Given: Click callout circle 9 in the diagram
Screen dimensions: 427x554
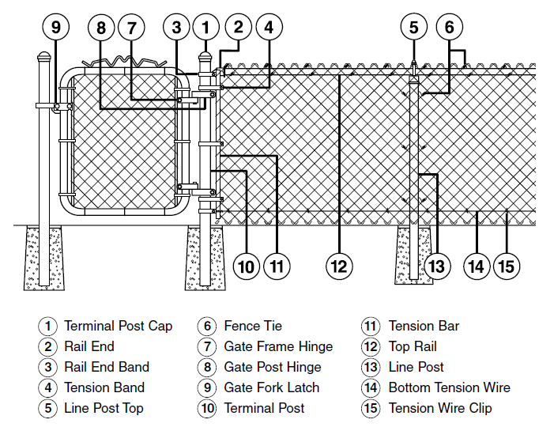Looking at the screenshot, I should [56, 27].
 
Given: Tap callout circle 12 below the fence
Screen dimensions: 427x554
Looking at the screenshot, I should [340, 266].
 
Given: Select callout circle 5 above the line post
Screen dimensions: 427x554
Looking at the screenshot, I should [413, 27].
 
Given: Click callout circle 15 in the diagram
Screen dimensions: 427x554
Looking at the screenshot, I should [507, 266].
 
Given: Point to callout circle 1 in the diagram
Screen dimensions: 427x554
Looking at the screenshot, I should [206, 27].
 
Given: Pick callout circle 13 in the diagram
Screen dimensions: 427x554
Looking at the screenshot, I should [436, 266].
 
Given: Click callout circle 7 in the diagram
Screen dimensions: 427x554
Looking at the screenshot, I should [132, 27].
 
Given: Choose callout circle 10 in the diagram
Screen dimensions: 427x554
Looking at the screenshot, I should [247, 266].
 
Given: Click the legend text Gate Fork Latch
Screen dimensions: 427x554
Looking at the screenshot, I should [272, 387].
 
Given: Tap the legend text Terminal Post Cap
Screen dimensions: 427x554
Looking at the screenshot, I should [118, 326].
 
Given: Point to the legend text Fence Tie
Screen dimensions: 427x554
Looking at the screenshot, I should [253, 326].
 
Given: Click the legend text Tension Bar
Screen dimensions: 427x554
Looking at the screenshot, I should [424, 326].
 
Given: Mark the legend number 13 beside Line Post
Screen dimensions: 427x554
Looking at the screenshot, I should [371, 367].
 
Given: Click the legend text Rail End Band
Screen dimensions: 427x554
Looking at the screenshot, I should [107, 367].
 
